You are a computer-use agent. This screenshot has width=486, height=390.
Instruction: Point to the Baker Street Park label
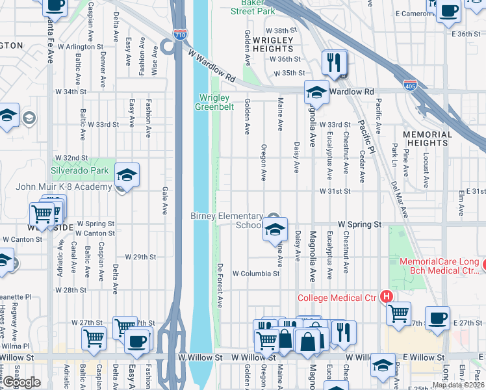[x=253, y=7]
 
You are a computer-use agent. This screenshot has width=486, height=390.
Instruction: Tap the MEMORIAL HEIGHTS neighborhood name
[x=426, y=138]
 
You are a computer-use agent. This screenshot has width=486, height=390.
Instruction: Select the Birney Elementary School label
[x=227, y=220]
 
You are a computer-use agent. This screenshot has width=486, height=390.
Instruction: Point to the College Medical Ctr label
[x=337, y=298]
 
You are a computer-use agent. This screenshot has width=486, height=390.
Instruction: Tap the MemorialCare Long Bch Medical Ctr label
[x=439, y=266]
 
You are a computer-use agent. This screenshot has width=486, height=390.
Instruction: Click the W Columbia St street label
[x=255, y=274]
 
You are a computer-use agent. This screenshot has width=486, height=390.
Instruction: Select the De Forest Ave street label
[x=220, y=285]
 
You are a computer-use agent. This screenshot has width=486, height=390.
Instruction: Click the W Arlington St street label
[x=80, y=47]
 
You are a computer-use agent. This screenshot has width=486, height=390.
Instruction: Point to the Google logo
[x=21, y=382]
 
